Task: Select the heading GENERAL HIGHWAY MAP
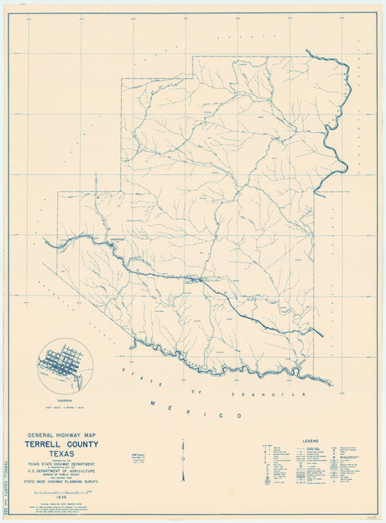pos(73,434)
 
